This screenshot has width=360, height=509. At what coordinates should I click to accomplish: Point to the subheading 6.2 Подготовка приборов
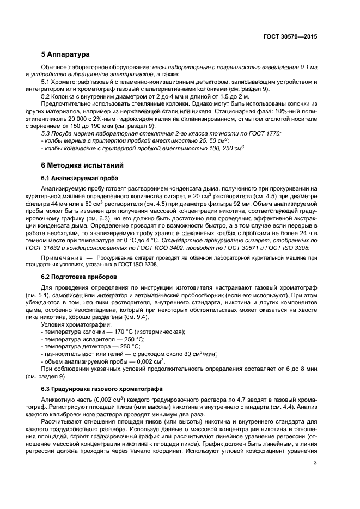76,276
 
